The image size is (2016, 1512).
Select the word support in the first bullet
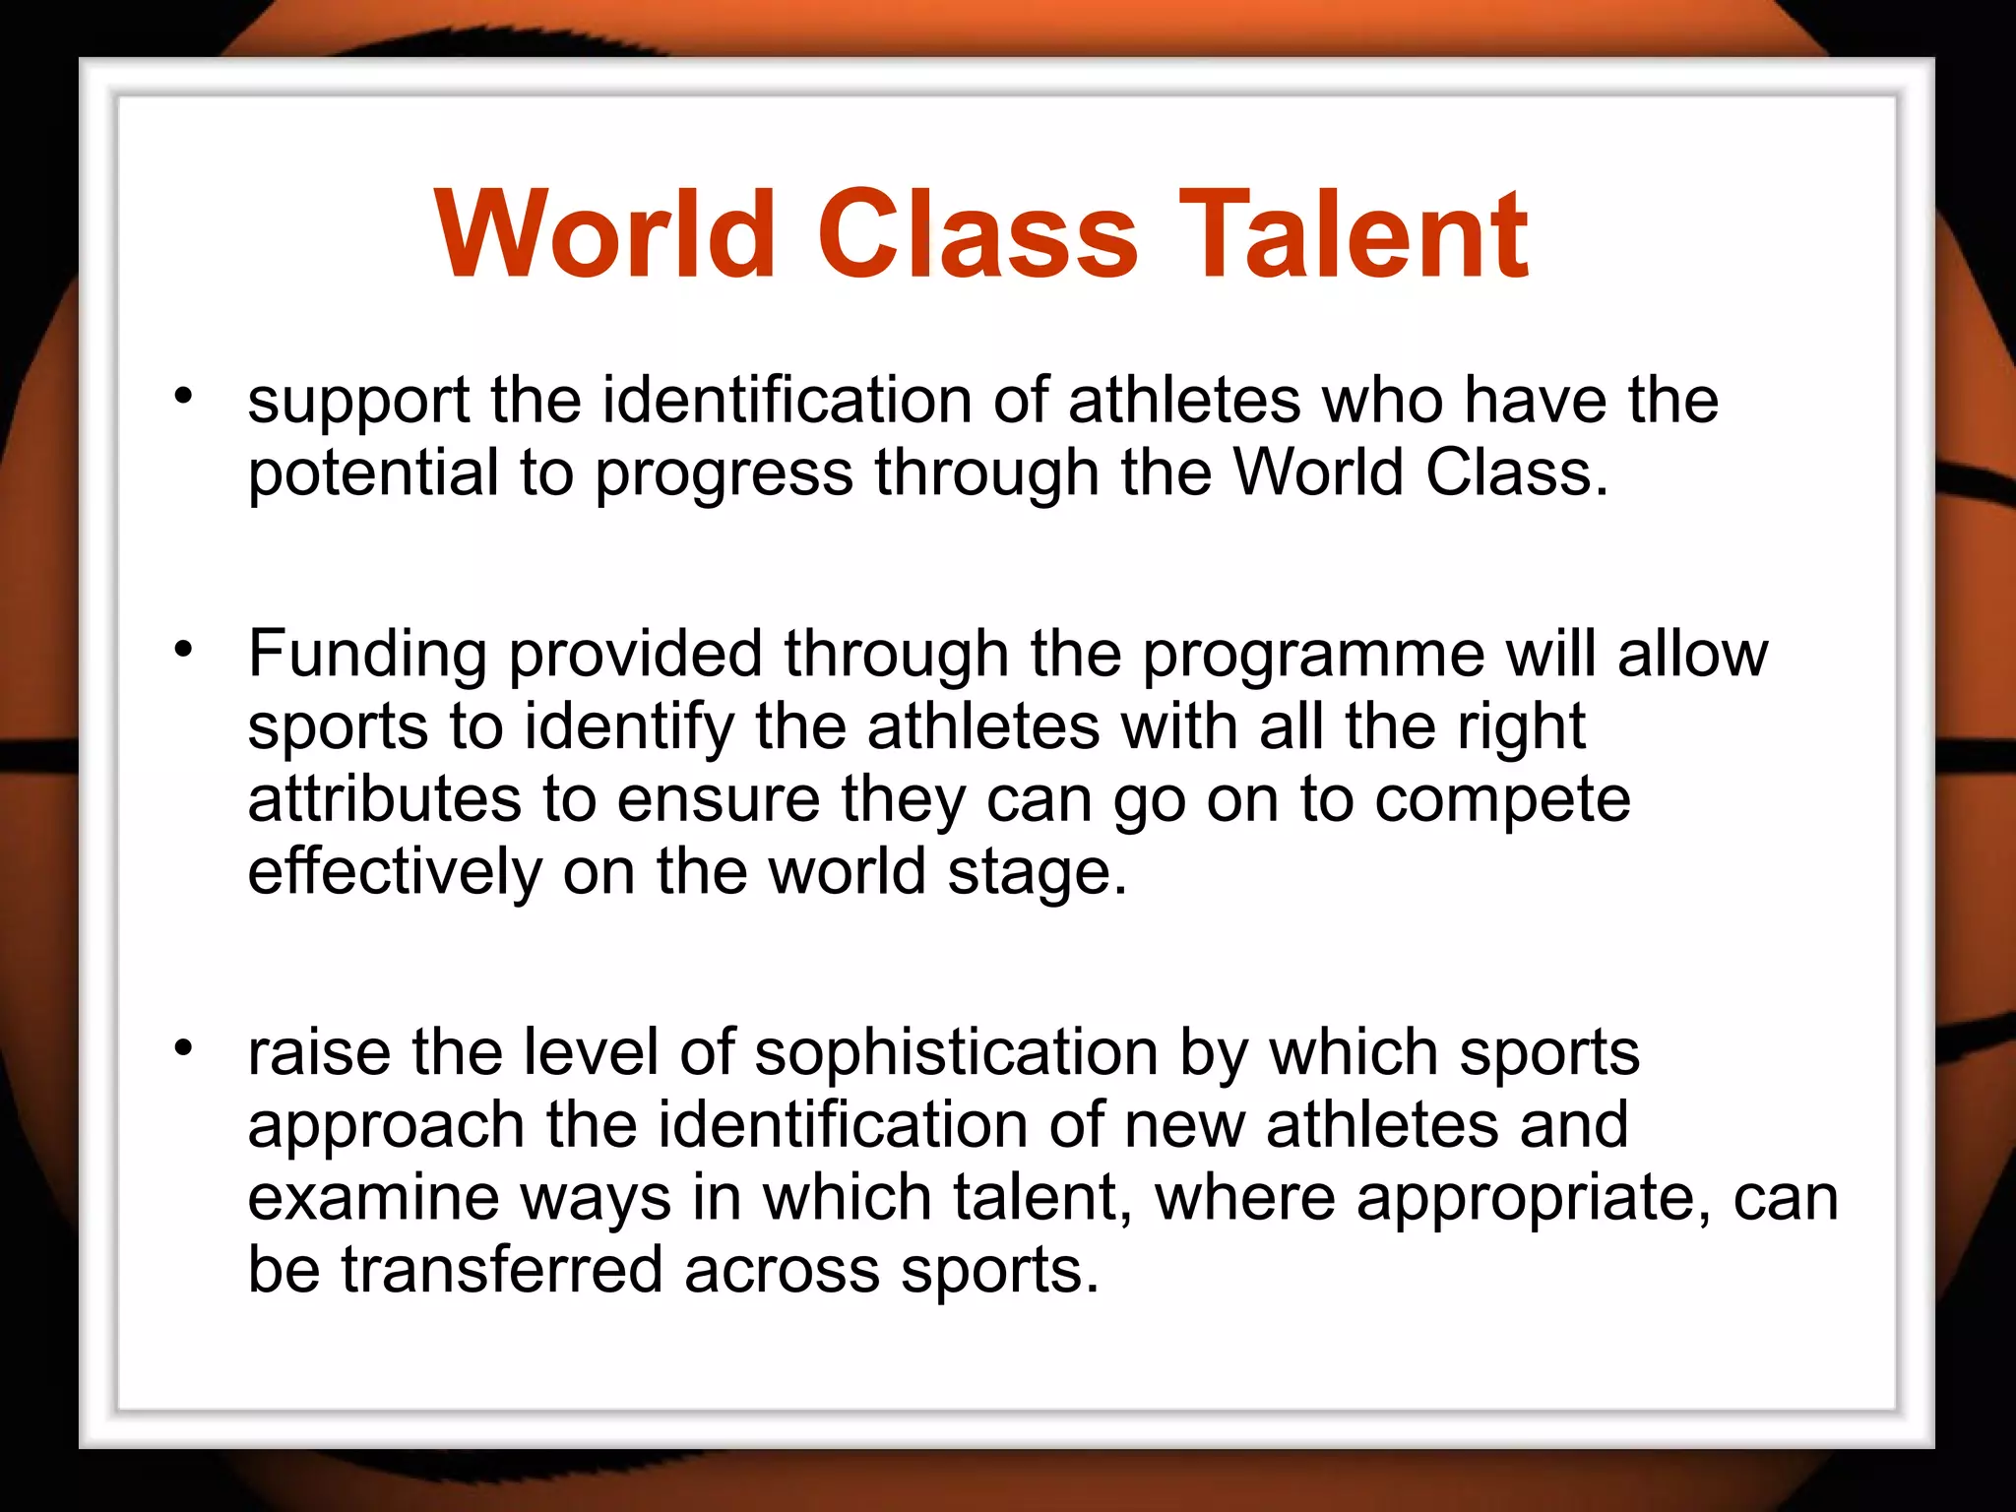(x=358, y=404)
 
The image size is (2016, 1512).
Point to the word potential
(x=373, y=474)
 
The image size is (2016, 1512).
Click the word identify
(x=629, y=728)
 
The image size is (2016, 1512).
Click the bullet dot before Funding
(x=183, y=649)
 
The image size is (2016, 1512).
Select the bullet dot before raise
(x=183, y=1047)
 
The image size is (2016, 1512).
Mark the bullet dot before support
(x=183, y=396)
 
